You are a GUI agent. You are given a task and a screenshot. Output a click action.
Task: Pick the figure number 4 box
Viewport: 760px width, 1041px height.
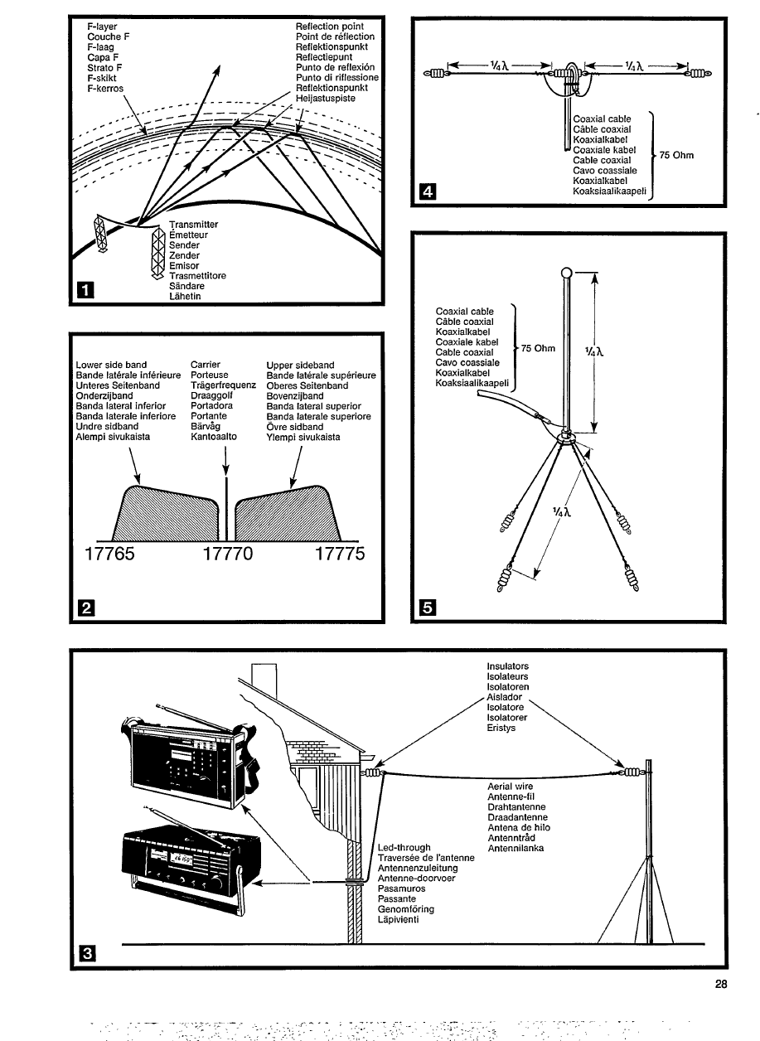tap(427, 193)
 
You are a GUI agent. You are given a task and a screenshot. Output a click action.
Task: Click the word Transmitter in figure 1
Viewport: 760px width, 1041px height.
tap(193, 225)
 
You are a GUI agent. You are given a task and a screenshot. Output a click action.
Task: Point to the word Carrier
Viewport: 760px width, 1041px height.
tap(204, 365)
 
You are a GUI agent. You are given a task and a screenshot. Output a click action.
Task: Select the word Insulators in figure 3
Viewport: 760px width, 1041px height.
tap(507, 666)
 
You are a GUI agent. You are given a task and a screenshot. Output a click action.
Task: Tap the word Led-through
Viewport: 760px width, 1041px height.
tap(404, 847)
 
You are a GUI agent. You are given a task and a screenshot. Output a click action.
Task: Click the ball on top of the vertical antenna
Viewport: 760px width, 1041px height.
tap(566, 273)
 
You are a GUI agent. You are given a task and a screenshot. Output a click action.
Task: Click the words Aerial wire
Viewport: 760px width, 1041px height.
tap(510, 786)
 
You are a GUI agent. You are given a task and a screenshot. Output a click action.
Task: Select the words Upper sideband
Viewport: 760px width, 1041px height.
tap(300, 365)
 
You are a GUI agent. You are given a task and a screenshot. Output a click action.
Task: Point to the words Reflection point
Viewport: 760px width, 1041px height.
tap(329, 27)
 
